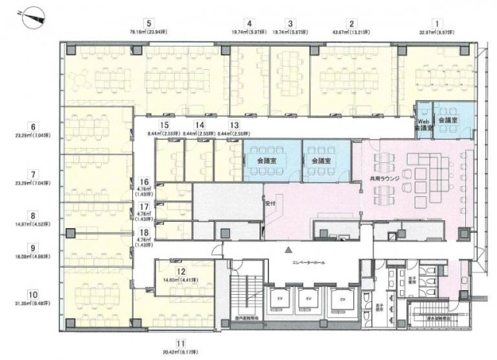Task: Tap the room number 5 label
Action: pos(148,23)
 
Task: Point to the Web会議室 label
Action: pos(423,124)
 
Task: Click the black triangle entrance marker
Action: pos(287,250)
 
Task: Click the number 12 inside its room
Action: pos(181,272)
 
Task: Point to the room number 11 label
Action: pos(180,343)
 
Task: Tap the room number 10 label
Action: pos(32,295)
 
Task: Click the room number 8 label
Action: pos(32,216)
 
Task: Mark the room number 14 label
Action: pos(200,125)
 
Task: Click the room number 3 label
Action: pos(290,23)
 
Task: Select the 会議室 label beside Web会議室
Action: pos(447,121)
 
